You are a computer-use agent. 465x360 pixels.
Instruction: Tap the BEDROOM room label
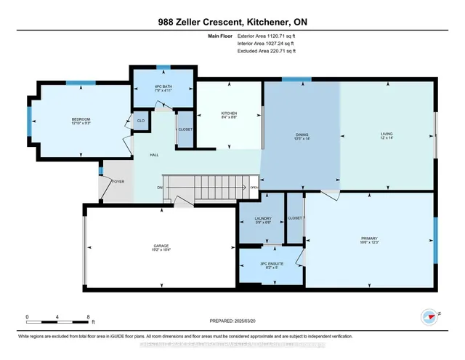pyautogui.click(x=81, y=119)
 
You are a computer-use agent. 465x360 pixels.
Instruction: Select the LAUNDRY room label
pyautogui.click(x=263, y=218)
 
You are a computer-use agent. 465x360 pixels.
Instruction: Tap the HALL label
pyautogui.click(x=154, y=155)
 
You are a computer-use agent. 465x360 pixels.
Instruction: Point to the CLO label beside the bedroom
pyautogui.click(x=140, y=121)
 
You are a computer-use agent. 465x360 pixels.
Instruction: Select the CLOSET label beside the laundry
pyautogui.click(x=295, y=217)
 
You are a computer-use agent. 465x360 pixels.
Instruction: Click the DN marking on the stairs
pyautogui.click(x=159, y=188)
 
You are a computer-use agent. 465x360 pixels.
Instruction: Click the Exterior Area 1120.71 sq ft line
pyautogui.click(x=267, y=34)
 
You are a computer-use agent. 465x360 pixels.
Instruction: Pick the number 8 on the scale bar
pyautogui.click(x=88, y=317)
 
